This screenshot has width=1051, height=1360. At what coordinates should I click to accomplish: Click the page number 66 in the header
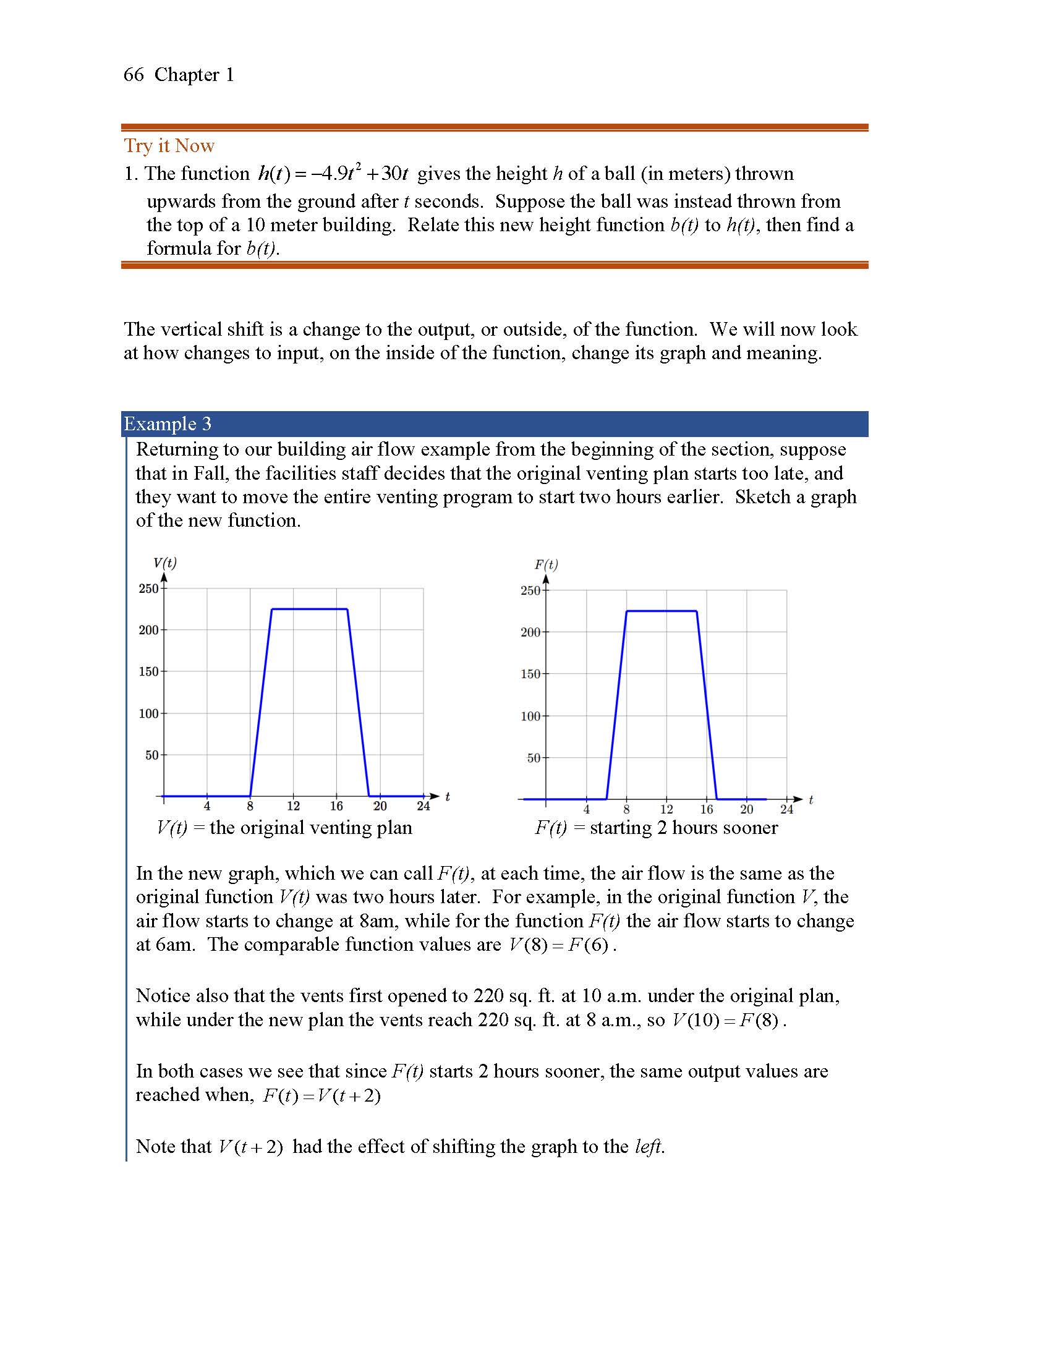(x=134, y=75)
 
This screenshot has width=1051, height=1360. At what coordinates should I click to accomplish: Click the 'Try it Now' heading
(x=169, y=146)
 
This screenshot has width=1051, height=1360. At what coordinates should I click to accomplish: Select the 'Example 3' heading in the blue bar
(x=168, y=424)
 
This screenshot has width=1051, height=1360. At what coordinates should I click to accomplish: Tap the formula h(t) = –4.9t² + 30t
(x=333, y=174)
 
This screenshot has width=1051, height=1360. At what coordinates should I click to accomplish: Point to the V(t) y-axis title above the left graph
(x=165, y=563)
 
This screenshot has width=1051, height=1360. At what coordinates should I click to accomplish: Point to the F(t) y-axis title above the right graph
(x=546, y=565)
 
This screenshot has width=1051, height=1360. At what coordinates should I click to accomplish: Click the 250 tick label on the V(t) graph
(x=148, y=589)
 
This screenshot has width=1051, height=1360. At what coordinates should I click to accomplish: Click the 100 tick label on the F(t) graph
(x=530, y=716)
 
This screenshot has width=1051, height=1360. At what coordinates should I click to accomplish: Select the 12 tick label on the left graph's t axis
(x=293, y=806)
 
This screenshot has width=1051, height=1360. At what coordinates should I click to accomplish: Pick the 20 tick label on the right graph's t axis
(x=747, y=810)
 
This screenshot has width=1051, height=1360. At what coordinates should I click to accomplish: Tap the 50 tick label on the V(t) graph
(x=152, y=755)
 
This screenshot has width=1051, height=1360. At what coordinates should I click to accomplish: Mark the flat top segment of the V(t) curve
(x=309, y=609)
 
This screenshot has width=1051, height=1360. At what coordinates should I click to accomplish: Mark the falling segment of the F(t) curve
(x=707, y=703)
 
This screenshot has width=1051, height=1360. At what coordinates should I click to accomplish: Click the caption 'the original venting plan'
(x=311, y=828)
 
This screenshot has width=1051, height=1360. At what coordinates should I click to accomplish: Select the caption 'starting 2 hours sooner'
(x=683, y=828)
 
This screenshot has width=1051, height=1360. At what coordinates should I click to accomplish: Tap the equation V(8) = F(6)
(x=558, y=945)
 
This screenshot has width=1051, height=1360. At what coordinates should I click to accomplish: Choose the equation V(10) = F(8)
(x=726, y=1021)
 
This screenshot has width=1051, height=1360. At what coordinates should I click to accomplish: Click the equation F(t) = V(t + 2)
(x=321, y=1096)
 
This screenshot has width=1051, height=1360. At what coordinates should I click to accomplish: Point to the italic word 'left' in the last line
(x=648, y=1146)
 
